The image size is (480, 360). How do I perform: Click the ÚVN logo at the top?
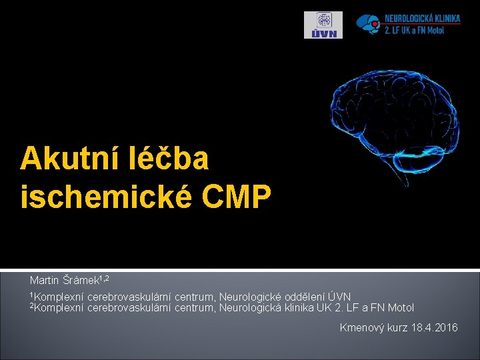click(323, 25)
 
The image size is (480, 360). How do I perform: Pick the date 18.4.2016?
click(435, 327)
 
